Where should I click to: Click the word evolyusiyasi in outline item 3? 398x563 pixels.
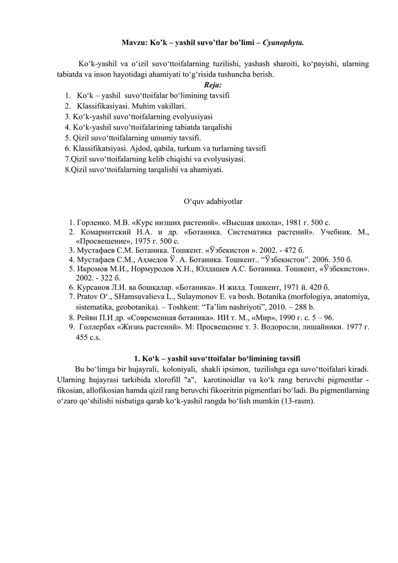point(191,116)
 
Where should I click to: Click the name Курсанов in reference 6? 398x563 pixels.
point(96,287)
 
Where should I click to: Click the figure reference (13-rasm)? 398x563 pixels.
point(297,401)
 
